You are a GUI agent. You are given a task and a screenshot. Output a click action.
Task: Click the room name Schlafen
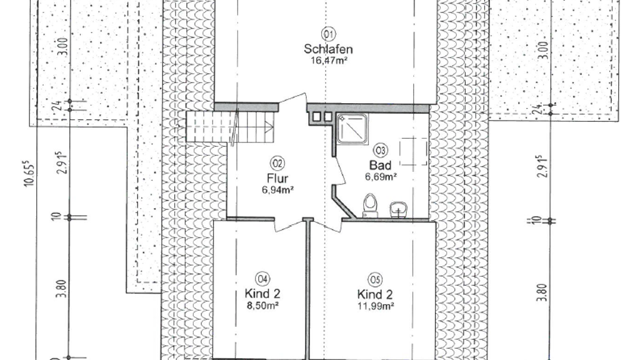pyautogui.click(x=328, y=49)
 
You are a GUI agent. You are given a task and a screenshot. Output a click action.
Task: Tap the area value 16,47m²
pyautogui.click(x=329, y=61)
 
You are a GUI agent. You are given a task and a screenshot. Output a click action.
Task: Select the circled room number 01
pyautogui.click(x=329, y=34)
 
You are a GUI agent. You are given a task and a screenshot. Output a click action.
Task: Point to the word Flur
pyautogui.click(x=277, y=178)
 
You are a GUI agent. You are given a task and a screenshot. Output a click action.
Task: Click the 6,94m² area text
pyautogui.click(x=277, y=189)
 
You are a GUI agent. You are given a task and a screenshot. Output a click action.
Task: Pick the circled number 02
pyautogui.click(x=277, y=164)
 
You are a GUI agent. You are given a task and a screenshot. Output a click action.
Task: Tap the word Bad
pyautogui.click(x=381, y=165)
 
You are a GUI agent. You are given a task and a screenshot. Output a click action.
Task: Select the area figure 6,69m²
pyautogui.click(x=381, y=176)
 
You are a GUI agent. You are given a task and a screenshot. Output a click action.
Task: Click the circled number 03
pyautogui.click(x=381, y=151)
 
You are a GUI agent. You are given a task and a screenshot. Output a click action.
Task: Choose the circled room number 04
pyautogui.click(x=262, y=279)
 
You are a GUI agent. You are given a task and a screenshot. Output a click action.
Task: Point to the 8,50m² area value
pyautogui.click(x=263, y=305)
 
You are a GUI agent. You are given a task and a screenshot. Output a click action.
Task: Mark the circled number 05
pyautogui.click(x=375, y=279)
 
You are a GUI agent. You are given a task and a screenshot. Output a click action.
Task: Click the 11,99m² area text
pyautogui.click(x=376, y=306)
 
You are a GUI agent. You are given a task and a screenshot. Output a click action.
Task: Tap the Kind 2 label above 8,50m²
pyautogui.click(x=262, y=294)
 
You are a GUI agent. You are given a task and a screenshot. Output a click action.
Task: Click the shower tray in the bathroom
pyautogui.click(x=352, y=129)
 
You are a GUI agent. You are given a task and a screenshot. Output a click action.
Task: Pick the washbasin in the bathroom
pyautogui.click(x=397, y=210)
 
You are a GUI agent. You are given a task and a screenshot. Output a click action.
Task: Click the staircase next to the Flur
pyautogui.click(x=230, y=126)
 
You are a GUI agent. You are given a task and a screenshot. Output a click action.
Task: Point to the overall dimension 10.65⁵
pyautogui.click(x=29, y=174)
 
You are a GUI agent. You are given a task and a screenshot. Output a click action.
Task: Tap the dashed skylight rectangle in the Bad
pyautogui.click(x=414, y=151)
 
